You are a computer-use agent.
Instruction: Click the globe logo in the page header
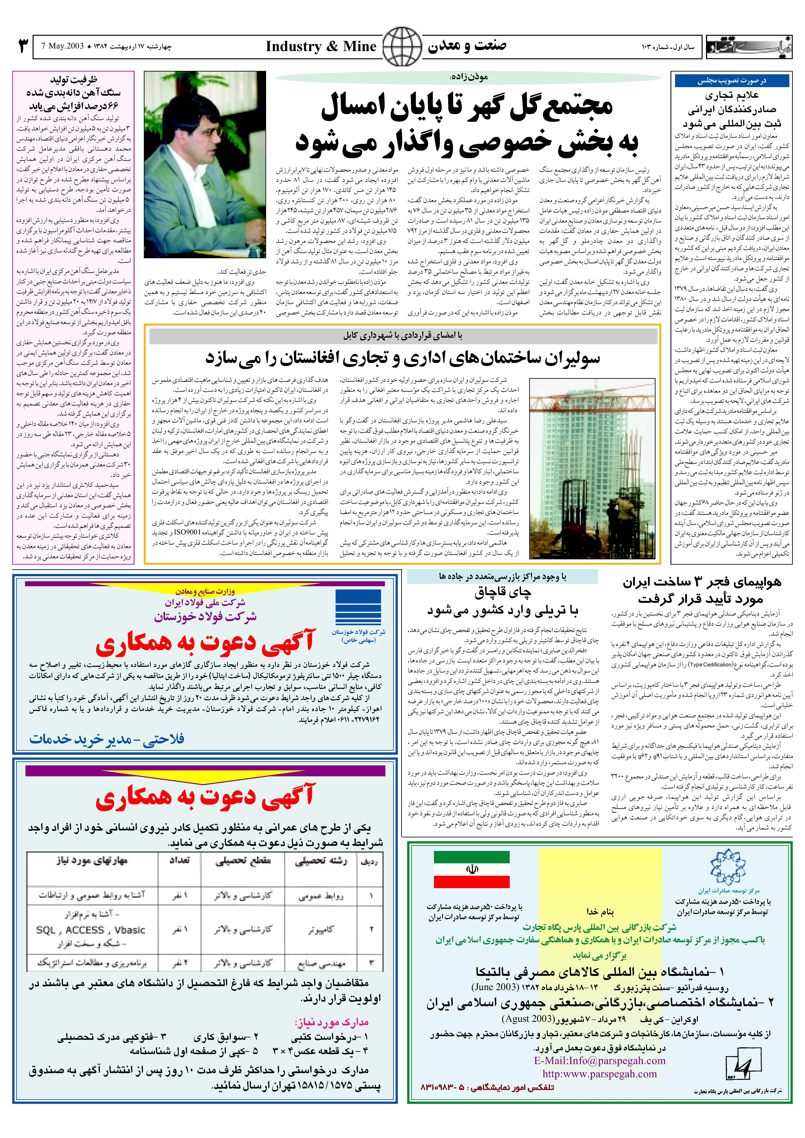tap(402, 47)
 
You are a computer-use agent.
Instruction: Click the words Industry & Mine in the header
tap(321, 47)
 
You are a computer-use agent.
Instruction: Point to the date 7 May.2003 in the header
tap(63, 46)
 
